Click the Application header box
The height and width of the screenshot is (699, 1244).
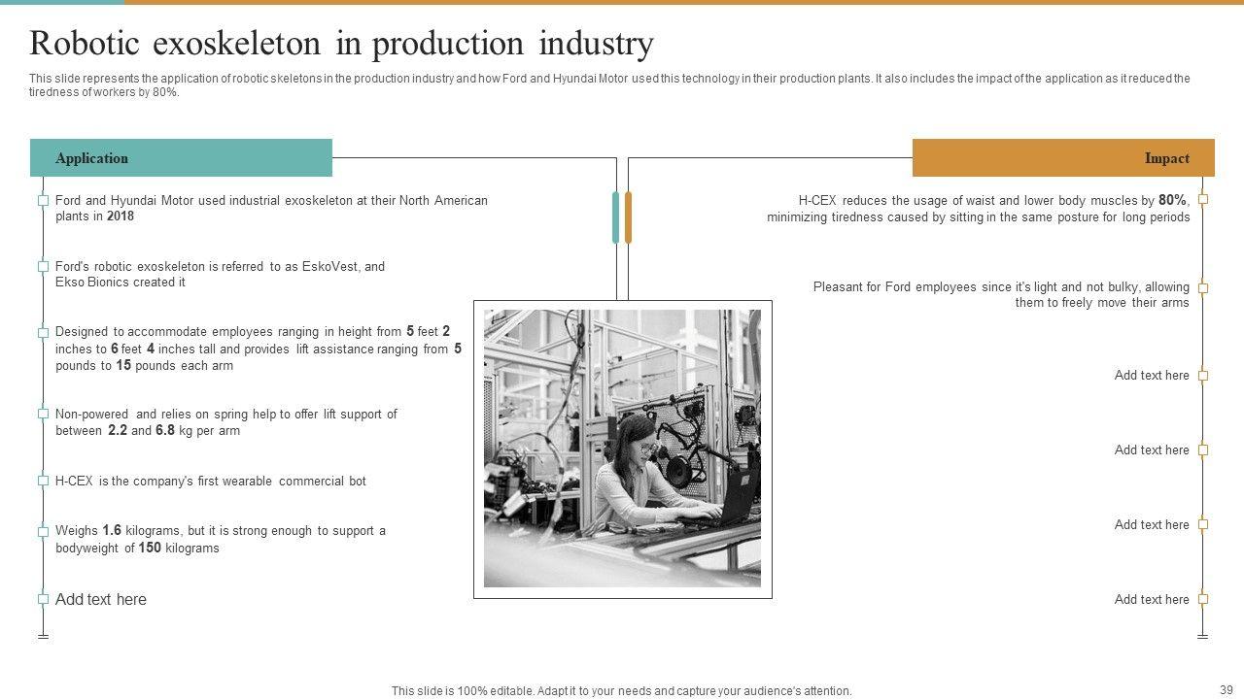tap(181, 158)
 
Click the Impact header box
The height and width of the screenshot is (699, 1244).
tap(1063, 158)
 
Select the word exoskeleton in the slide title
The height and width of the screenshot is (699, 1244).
tap(236, 44)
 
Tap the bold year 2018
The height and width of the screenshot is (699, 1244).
tap(121, 216)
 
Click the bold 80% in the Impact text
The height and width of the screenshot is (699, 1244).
tap(1172, 200)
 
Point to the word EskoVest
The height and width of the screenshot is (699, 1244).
tap(329, 266)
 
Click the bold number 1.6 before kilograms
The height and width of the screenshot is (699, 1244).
tap(112, 530)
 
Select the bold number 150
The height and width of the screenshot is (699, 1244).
tap(150, 548)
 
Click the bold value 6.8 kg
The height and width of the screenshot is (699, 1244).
tap(165, 430)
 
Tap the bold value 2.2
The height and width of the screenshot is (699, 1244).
tap(118, 430)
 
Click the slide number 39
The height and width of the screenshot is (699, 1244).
tap(1227, 689)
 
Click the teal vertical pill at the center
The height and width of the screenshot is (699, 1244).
tap(615, 217)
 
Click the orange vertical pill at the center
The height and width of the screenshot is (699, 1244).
tap(628, 217)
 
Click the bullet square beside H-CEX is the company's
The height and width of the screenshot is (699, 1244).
tap(43, 481)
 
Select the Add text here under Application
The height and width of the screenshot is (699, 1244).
tap(101, 599)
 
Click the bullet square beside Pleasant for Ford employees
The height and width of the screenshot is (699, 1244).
tap(1203, 288)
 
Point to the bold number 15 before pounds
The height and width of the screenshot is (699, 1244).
tap(123, 366)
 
